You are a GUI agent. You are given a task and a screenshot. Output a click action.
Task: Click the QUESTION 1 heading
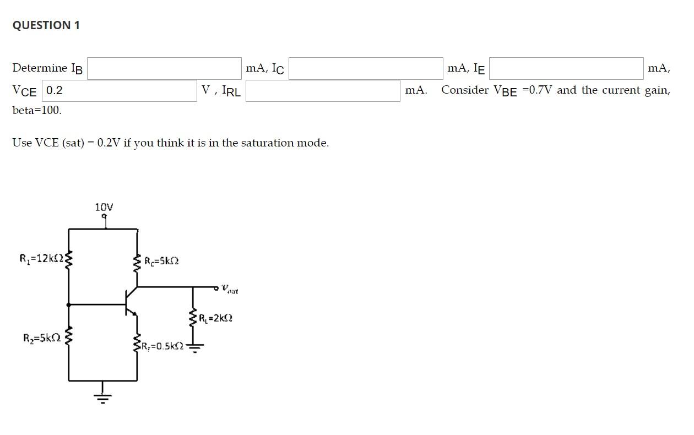pyautogui.click(x=46, y=25)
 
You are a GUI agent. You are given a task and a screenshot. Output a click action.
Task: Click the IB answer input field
pyautogui.click(x=164, y=69)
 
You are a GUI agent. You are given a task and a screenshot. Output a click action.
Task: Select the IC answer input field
pyautogui.click(x=366, y=69)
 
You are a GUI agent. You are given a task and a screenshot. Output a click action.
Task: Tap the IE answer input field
pyautogui.click(x=566, y=69)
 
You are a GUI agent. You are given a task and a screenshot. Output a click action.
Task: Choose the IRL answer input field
pyautogui.click(x=323, y=90)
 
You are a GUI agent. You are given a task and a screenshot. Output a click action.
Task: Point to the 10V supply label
pyautogui.click(x=104, y=208)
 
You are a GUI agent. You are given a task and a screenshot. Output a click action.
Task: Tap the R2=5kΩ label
pyautogui.click(x=42, y=338)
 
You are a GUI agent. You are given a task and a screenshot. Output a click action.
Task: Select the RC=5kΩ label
pyautogui.click(x=161, y=261)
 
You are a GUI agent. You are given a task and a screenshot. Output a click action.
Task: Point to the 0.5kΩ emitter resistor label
pyautogui.click(x=162, y=346)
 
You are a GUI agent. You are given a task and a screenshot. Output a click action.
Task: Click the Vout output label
pyautogui.click(x=230, y=289)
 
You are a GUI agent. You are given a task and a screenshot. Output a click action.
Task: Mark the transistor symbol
pyautogui.click(x=130, y=302)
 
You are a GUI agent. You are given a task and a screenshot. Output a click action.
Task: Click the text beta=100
pyautogui.click(x=37, y=110)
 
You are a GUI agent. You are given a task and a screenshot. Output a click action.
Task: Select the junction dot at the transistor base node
pyautogui.click(x=68, y=304)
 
